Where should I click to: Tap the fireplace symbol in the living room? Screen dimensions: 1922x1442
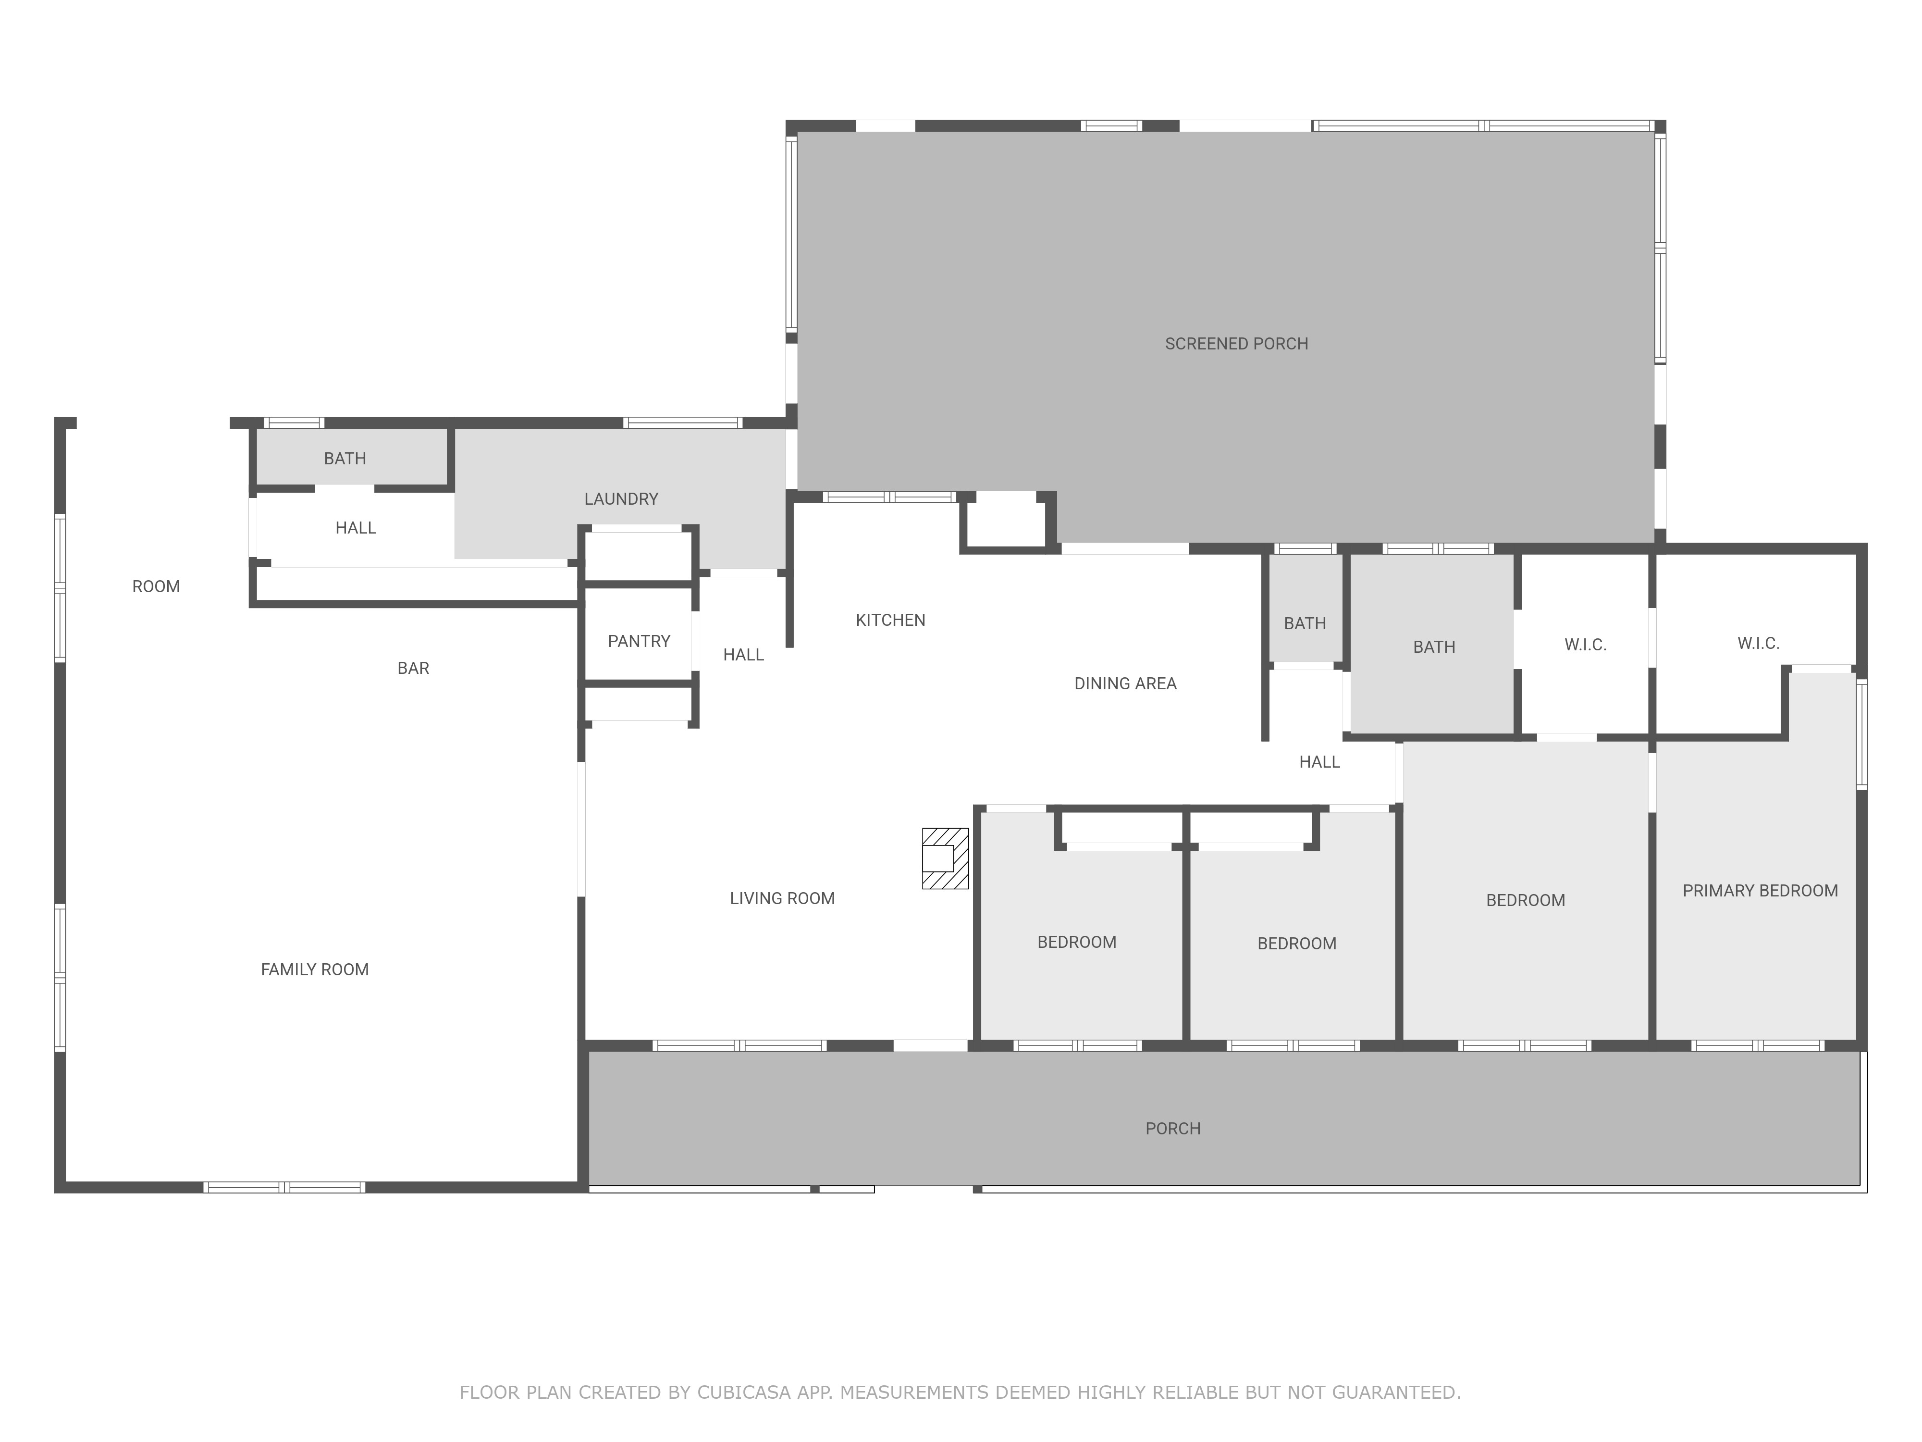click(x=945, y=858)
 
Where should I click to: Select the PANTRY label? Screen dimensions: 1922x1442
click(x=639, y=642)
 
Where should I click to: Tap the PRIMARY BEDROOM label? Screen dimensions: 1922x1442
click(x=1760, y=891)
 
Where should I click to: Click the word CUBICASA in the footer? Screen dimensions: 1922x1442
click(x=744, y=1392)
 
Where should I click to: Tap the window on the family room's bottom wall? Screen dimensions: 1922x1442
click(x=284, y=1187)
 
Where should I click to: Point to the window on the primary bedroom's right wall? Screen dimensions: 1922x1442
click(x=1861, y=734)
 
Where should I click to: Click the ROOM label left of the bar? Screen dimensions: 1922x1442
click(x=156, y=587)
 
